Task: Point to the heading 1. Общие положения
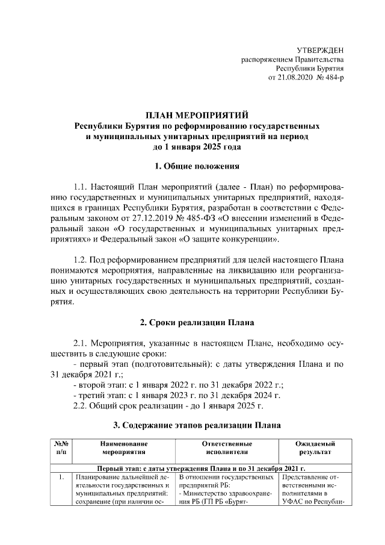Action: tap(197, 166)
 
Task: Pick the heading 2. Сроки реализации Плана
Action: tap(197, 321)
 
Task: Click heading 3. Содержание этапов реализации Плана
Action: tap(197, 425)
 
